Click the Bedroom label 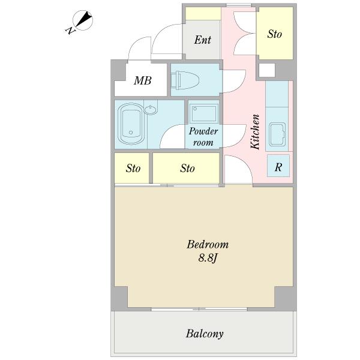tap(208, 245)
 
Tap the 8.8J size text tap(208, 258)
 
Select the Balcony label tap(205, 334)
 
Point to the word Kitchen tap(255, 132)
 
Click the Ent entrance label tap(203, 40)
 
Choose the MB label tap(143, 80)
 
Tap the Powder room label tap(203, 137)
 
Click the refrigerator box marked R tap(278, 166)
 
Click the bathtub tap(131, 124)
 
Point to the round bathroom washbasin tap(151, 110)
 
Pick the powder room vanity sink tap(203, 113)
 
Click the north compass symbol tap(83, 20)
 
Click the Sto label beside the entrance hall tap(274, 34)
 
